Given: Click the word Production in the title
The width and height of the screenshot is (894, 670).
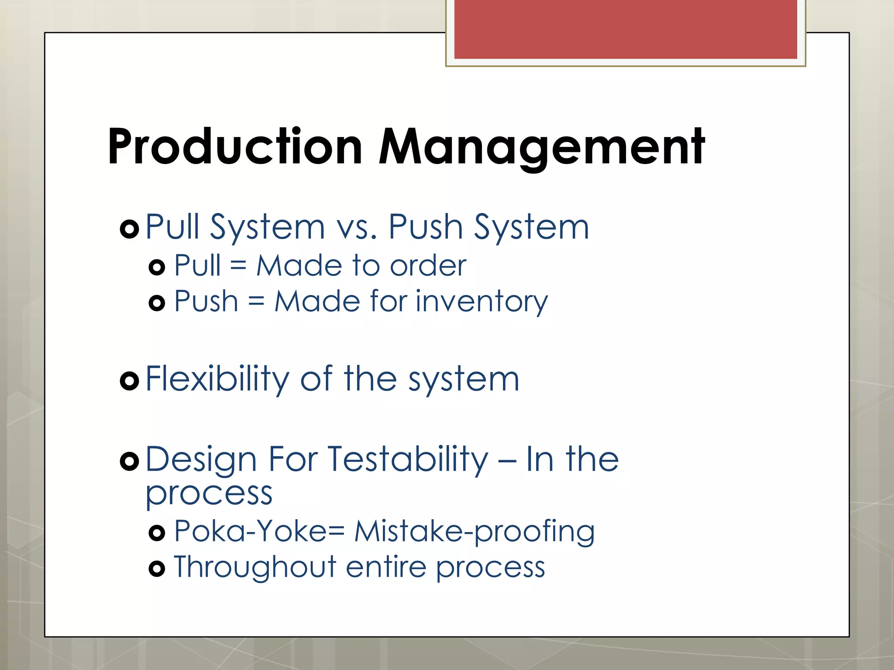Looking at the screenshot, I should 235,147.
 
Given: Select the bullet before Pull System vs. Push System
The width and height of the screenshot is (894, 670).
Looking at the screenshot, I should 129,229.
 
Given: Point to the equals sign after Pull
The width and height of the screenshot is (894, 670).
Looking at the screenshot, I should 238,266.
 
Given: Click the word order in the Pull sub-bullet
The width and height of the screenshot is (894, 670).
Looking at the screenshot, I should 428,266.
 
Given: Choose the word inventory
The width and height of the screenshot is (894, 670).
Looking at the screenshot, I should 481,302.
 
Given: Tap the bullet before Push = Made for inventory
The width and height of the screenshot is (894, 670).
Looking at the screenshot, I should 157,302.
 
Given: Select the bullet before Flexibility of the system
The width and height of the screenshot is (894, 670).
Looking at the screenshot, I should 129,381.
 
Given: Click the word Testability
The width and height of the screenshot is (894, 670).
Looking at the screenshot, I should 408,460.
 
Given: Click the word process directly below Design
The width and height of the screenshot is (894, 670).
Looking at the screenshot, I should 209,495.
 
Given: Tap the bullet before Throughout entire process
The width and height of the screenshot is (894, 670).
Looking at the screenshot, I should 157,569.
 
